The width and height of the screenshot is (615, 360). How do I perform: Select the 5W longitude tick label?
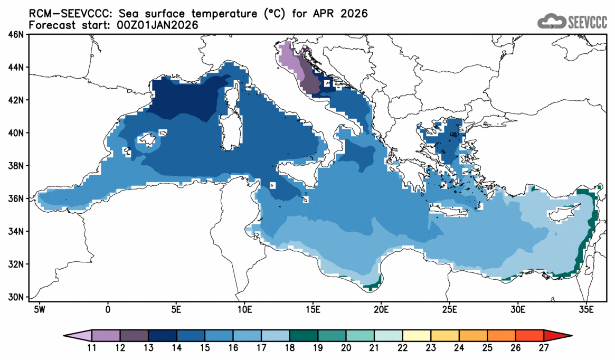pyautogui.click(x=39, y=308)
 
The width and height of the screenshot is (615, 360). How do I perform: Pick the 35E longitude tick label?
pyautogui.click(x=586, y=308)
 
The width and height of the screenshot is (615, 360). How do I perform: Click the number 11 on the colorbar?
pyautogui.click(x=92, y=347)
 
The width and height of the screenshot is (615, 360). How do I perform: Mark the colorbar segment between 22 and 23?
pyautogui.click(x=417, y=335)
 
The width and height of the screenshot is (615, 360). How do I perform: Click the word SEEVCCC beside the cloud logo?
pyautogui.click(x=587, y=22)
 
